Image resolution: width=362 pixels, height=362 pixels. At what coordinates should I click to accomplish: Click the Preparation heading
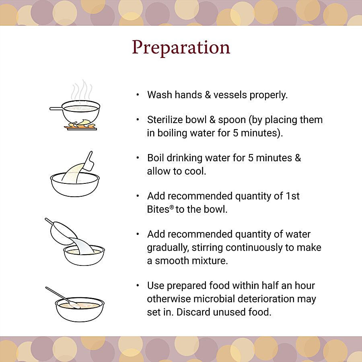(x=181, y=47)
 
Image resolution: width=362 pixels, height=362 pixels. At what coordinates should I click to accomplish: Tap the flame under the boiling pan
(x=80, y=124)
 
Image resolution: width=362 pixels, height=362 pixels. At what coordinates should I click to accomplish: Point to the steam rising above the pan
(x=81, y=90)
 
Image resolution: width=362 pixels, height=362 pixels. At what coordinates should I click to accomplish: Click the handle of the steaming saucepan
(x=56, y=109)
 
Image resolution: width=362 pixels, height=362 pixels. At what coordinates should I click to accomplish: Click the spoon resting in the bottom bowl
(x=63, y=297)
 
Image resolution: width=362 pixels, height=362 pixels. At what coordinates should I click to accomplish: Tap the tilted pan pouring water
(x=62, y=232)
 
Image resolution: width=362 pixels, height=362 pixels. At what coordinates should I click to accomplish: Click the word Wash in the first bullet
(x=160, y=95)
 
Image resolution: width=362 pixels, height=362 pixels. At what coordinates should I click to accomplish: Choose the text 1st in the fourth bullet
(x=293, y=196)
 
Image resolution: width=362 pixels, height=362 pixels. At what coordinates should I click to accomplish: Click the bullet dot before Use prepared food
(x=138, y=286)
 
